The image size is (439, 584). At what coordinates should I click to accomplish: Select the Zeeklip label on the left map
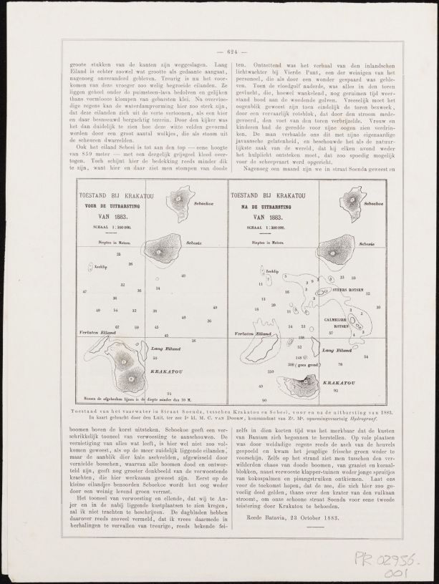click(x=101, y=265)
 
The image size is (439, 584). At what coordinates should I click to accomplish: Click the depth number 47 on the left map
click(x=85, y=292)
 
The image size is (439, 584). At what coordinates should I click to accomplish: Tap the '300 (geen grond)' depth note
click(x=296, y=365)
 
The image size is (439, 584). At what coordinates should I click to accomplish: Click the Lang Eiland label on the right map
click(x=335, y=351)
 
